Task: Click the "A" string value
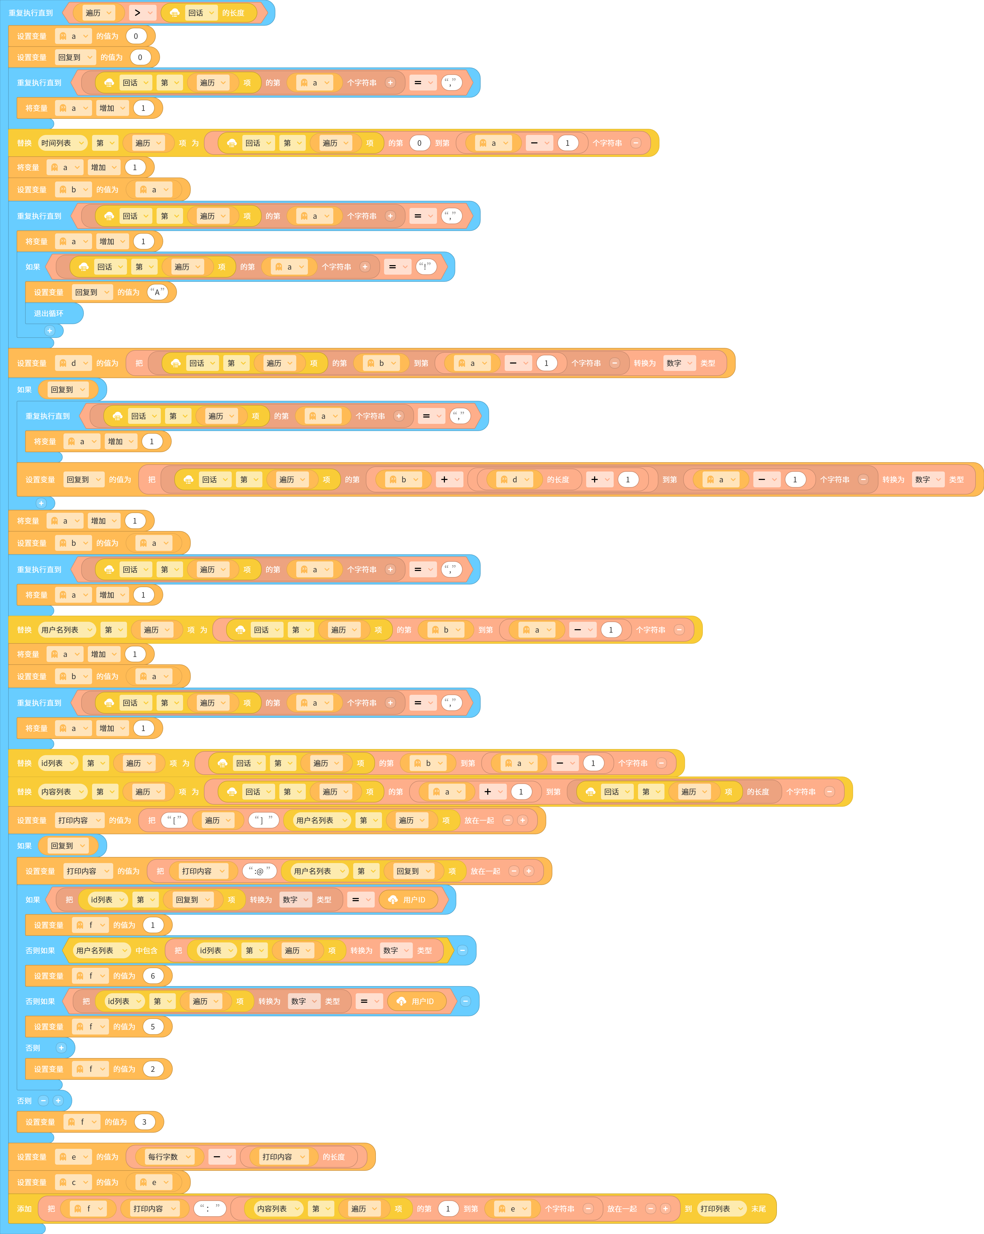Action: click(157, 292)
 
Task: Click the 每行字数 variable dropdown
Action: click(169, 1157)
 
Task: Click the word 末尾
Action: click(759, 1209)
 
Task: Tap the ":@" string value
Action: click(260, 871)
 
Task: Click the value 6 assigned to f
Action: click(153, 976)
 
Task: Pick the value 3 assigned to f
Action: click(144, 1122)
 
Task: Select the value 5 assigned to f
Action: click(153, 1027)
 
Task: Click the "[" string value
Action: click(175, 820)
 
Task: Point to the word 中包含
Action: click(147, 951)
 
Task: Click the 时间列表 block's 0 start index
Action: click(419, 143)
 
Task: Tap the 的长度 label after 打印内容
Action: click(334, 1157)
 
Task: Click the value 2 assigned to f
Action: click(153, 1069)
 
